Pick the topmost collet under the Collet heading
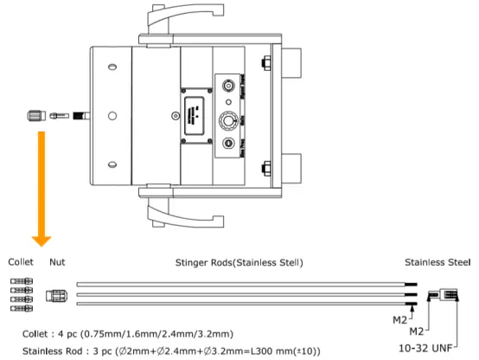pyautogui.click(x=22, y=280)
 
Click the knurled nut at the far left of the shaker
pyautogui.click(x=35, y=116)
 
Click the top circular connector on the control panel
pyautogui.click(x=229, y=89)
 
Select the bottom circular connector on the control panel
pyautogui.click(x=229, y=145)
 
